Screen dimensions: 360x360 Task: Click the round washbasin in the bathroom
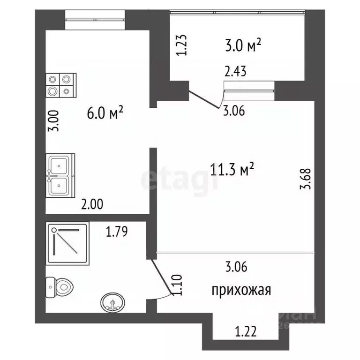[112, 302]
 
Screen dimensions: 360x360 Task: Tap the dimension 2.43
[235, 72]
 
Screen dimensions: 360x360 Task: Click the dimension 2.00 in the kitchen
[92, 204]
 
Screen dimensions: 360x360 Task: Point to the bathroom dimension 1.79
[116, 231]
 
